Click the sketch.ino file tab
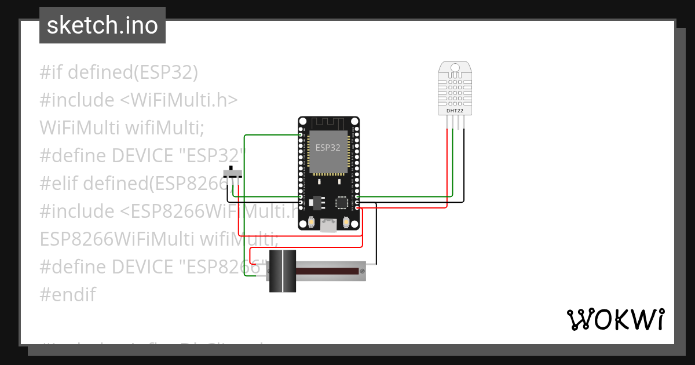[103, 25]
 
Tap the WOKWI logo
[615, 320]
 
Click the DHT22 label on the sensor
[455, 110]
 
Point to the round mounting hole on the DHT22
[455, 68]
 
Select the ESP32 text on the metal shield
[328, 148]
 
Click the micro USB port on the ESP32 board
[328, 225]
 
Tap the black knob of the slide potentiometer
[283, 271]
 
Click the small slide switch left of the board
[233, 173]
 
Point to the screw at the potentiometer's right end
[362, 271]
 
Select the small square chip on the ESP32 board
[342, 202]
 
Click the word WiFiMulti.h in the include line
[185, 100]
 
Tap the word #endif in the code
[68, 294]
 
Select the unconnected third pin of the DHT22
[458, 122]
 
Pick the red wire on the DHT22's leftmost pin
[447, 162]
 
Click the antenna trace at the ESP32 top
[328, 123]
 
